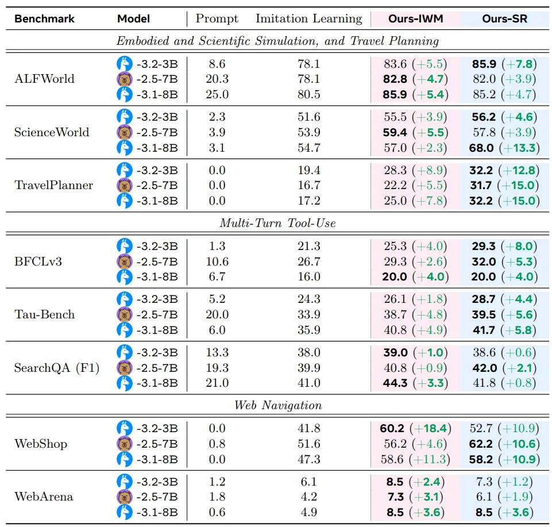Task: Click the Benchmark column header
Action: click(x=44, y=18)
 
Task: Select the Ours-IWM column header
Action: click(x=415, y=18)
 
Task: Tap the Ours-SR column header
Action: click(x=504, y=18)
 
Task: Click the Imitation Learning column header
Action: click(x=308, y=18)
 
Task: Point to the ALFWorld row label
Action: click(x=44, y=79)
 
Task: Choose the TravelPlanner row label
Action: click(x=53, y=185)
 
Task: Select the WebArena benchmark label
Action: click(x=44, y=496)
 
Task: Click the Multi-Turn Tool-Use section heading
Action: click(x=277, y=223)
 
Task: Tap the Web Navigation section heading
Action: click(x=277, y=405)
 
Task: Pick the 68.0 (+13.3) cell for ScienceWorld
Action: click(x=504, y=148)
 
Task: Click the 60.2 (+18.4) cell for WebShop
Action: click(x=415, y=428)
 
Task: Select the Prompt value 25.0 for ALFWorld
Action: click(x=217, y=94)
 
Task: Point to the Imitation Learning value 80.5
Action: click(x=308, y=94)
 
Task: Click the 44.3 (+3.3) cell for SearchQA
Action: click(x=415, y=383)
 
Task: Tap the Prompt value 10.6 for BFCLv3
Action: click(x=217, y=261)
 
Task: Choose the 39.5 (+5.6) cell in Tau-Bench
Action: click(x=504, y=314)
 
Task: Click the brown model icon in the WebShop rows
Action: click(x=125, y=444)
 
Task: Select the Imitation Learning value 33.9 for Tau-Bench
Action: click(x=308, y=314)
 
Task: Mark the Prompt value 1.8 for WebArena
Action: click(x=217, y=497)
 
